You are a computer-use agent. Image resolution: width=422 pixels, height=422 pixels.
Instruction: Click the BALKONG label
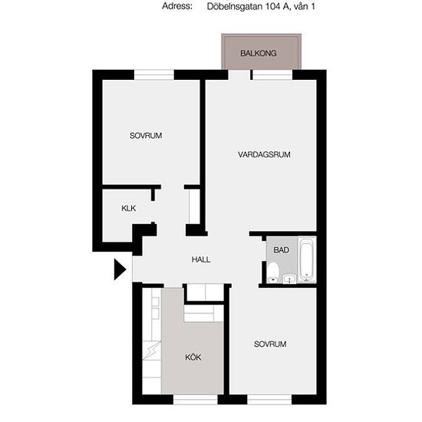pos(258,53)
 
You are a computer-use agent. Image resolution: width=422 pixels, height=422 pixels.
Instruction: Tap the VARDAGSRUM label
pos(264,154)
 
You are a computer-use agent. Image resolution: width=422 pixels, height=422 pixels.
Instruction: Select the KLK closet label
pos(129,208)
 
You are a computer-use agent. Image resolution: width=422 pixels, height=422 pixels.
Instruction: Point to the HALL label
pos(201,259)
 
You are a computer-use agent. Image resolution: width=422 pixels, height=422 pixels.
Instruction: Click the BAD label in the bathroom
pos(282,250)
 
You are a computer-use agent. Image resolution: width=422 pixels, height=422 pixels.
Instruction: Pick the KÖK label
pos(193,357)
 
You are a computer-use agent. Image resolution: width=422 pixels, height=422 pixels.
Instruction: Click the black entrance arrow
pos(120,269)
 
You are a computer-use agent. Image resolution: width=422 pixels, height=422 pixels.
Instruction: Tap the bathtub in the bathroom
pos(307,259)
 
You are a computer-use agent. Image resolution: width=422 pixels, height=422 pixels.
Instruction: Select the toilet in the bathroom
pos(273,272)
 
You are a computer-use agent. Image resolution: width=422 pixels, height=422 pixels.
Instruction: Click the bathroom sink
pos(289,279)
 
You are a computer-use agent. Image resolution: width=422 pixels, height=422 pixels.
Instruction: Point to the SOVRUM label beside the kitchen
pos(270,344)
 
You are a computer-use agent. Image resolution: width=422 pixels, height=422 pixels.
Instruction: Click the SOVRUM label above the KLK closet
pos(146,136)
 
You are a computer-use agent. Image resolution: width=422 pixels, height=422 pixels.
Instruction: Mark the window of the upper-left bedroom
pos(154,74)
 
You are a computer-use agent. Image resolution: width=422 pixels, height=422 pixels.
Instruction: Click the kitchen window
pos(196,400)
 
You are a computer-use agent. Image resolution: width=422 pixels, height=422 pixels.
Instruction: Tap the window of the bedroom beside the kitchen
pos(269,400)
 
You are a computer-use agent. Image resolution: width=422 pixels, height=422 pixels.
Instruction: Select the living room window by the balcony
pos(272,74)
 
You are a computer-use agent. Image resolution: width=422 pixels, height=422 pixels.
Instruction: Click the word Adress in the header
pos(177,6)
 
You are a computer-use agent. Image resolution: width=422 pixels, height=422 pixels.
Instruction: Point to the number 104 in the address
pos(272,6)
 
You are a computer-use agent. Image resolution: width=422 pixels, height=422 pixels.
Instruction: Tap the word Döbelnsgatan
pos(235,6)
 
